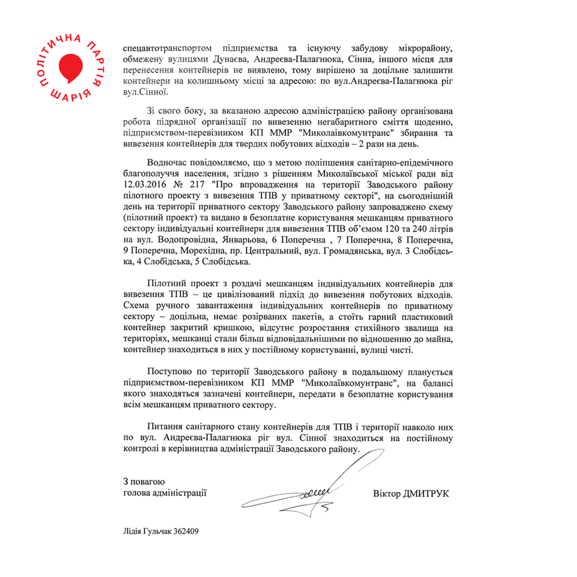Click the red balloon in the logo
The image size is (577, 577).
(70, 66)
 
